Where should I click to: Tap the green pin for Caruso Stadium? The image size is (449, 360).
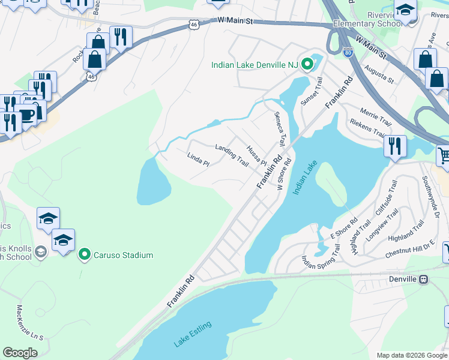[x=85, y=255]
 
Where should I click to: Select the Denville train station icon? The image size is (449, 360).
[x=424, y=279]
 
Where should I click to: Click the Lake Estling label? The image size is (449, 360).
[x=193, y=334]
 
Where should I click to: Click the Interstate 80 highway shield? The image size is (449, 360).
[x=348, y=53]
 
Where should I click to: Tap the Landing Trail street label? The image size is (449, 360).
[x=232, y=155]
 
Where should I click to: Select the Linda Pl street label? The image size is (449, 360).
[x=197, y=160]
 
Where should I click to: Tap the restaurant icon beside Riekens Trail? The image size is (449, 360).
[x=395, y=146]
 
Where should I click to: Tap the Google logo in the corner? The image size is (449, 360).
[x=20, y=353]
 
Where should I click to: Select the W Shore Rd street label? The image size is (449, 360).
[x=285, y=172]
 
